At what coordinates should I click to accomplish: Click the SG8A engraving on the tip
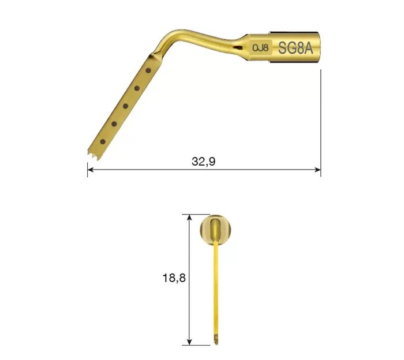click(x=295, y=48)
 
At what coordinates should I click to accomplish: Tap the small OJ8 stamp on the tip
click(x=260, y=48)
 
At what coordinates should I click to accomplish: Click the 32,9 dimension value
click(x=204, y=162)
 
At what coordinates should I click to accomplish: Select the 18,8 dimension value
click(x=174, y=278)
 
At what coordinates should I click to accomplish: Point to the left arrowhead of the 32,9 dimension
click(x=90, y=170)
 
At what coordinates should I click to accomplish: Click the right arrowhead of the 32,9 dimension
click(x=318, y=170)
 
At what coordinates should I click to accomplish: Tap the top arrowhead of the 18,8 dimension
click(x=189, y=217)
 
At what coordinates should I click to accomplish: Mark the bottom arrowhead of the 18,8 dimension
click(x=189, y=342)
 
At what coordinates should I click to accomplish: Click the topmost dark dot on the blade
click(x=148, y=70)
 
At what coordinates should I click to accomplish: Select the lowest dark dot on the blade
click(x=103, y=141)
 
